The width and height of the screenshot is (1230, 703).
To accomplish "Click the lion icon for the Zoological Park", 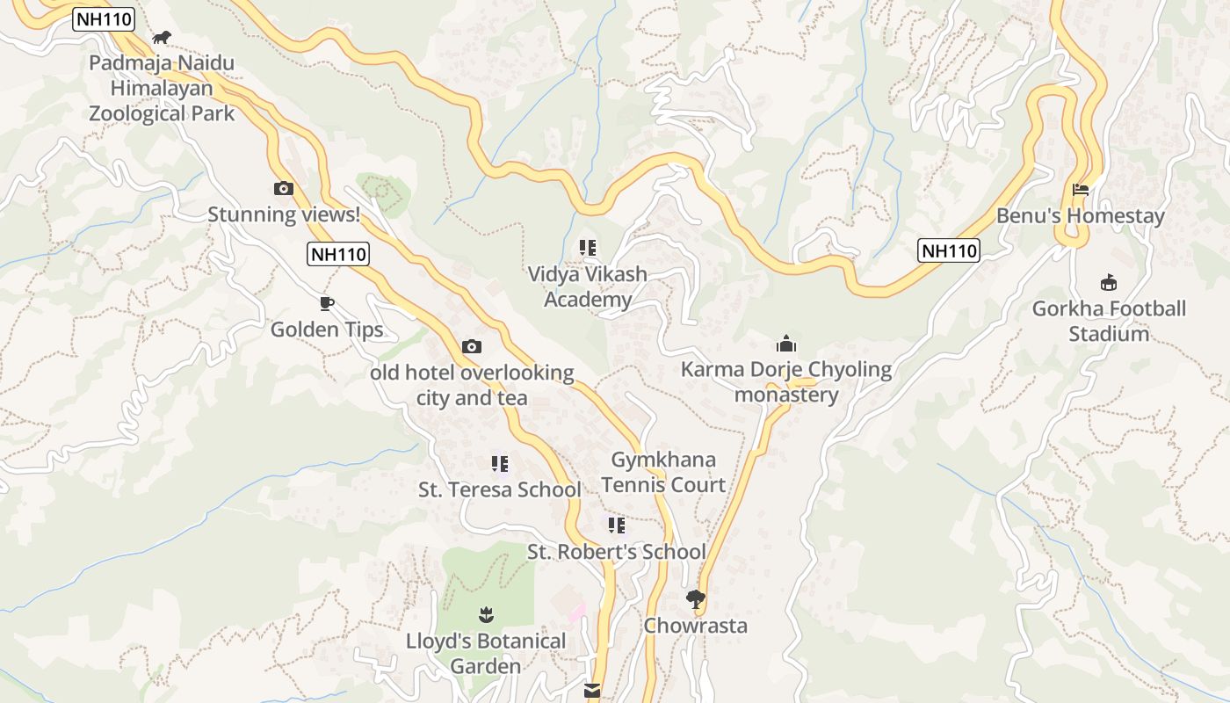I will pos(162,37).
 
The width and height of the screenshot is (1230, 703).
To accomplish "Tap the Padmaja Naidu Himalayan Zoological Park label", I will pos(163,88).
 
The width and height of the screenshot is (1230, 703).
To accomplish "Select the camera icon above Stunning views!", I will pos(283,188).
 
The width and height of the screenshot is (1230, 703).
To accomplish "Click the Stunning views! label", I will pos(284,214).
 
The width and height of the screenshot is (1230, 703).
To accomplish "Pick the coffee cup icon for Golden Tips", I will pos(327,304).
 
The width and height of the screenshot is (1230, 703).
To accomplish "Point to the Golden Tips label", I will pos(327,330).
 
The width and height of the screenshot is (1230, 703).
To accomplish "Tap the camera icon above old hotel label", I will pos(472,346).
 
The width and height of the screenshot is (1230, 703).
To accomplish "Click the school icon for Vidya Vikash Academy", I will pos(587,248).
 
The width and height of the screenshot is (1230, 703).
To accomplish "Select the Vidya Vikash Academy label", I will pos(587,286).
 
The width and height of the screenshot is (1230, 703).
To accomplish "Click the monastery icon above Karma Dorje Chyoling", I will pos(785,344).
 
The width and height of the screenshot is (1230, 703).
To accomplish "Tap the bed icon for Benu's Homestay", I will pos(1081,189).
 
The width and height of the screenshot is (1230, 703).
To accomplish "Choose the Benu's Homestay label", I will pos(1080,216).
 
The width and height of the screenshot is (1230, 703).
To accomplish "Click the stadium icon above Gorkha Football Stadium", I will pos(1109,283).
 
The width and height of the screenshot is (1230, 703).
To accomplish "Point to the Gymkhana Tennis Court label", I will pos(663,472).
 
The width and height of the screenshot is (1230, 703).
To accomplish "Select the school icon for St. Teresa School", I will pos(499,463).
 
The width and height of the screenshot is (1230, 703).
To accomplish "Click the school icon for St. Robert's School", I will pos(617,525).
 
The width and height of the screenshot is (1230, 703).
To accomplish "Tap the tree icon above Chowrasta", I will pos(696,599).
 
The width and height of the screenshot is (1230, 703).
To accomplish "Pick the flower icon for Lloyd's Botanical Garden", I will pos(486,614).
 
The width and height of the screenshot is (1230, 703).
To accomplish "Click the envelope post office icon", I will pos(593,692).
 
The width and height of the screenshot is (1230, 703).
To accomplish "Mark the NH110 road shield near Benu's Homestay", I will pos(949,250).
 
